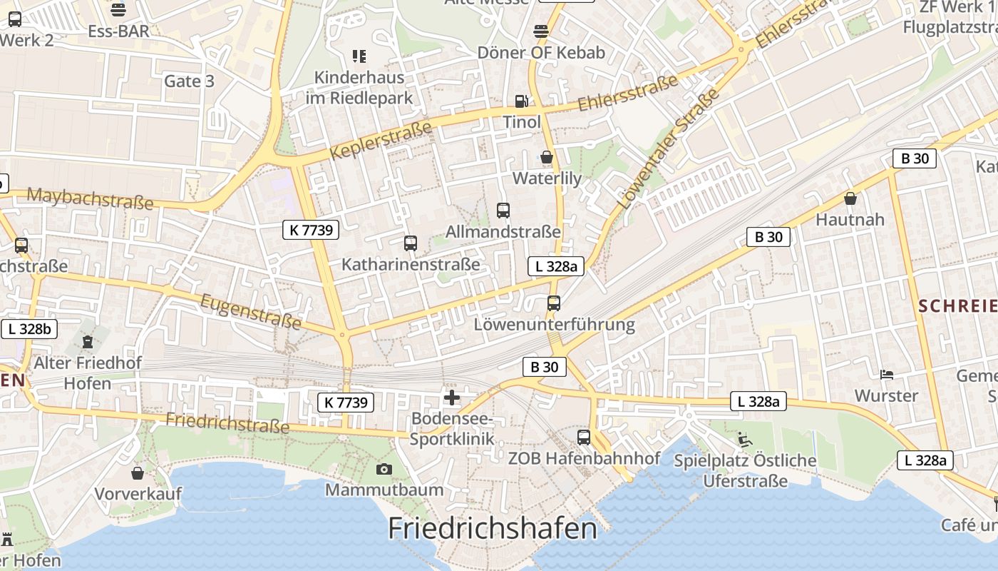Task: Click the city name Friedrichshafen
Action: point(493,529)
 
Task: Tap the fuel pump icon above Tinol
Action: point(522,102)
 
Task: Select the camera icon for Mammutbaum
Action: point(384,469)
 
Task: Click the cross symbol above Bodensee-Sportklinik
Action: point(452,398)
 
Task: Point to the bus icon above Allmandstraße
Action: point(503,210)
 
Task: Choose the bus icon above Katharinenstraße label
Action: point(410,243)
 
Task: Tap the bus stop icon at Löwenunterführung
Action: point(554,303)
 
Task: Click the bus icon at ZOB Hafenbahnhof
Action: point(584,437)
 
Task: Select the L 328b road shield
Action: point(29,329)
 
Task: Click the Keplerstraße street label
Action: point(381,141)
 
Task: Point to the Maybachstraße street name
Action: point(90,198)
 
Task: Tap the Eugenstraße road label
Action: point(251,312)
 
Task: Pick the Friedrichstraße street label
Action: point(227,423)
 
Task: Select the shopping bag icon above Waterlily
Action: point(547,157)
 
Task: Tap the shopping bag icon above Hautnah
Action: point(850,198)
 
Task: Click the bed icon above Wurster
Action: point(887,374)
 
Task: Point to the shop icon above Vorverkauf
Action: point(138,473)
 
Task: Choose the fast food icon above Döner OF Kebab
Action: point(541,31)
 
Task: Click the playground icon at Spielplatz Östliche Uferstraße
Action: point(745,440)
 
